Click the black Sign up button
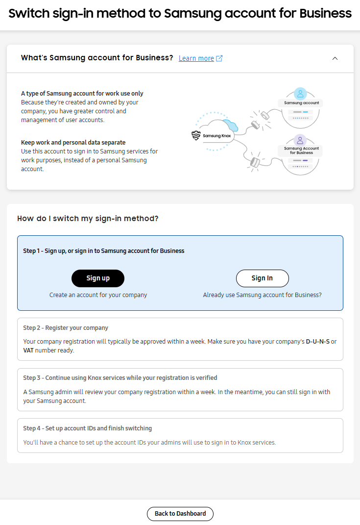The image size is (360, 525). click(98, 278)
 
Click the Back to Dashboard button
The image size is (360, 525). click(180, 514)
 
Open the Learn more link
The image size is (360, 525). click(196, 58)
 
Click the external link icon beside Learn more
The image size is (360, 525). click(219, 58)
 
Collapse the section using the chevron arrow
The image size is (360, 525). click(335, 58)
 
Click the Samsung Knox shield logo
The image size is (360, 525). click(196, 136)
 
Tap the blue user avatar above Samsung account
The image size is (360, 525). click(301, 93)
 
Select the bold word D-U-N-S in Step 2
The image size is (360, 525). click(318, 342)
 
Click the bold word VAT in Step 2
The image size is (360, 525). click(28, 350)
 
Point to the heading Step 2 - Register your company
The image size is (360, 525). click(66, 327)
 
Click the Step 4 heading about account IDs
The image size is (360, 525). click(87, 428)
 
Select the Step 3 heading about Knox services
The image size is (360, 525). click(120, 378)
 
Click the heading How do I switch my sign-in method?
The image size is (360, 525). click(88, 219)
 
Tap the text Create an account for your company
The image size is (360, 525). click(98, 295)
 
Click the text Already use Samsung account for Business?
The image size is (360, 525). click(262, 295)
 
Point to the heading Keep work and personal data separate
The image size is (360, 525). click(73, 143)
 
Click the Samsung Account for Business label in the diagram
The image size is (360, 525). click(301, 150)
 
